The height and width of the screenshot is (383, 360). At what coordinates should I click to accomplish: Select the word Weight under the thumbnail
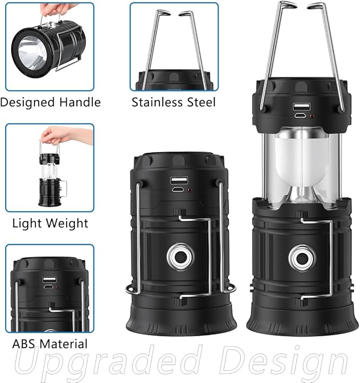click(x=66, y=223)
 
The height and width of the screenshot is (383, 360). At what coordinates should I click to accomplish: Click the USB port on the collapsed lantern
click(x=177, y=180)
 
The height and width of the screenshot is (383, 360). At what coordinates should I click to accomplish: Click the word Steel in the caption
click(x=200, y=102)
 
